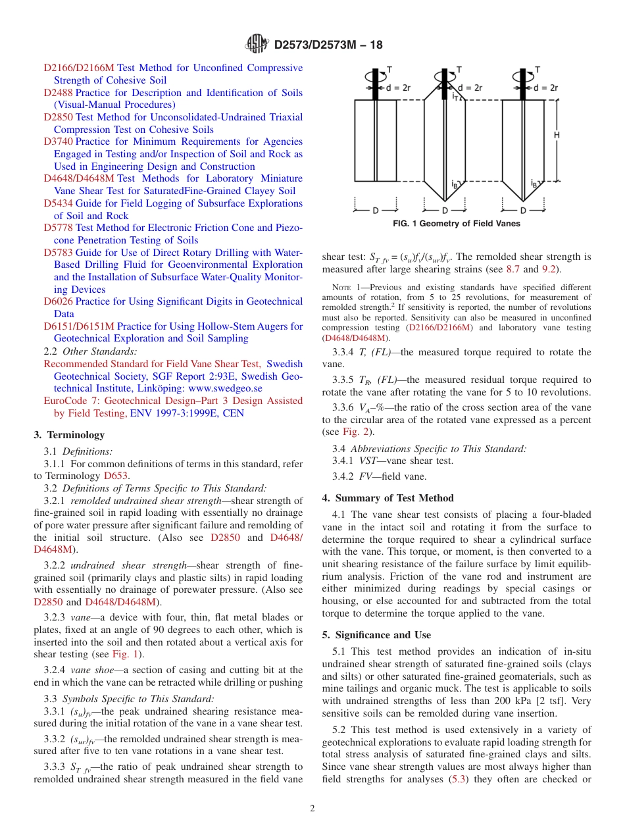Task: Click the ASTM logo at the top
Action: [x=257, y=44]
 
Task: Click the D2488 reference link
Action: [x=58, y=93]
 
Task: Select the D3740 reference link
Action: [x=58, y=141]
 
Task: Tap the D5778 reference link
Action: [x=58, y=228]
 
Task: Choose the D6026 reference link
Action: [x=58, y=301]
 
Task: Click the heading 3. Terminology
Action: [x=69, y=435]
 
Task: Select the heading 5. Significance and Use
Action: [x=376, y=635]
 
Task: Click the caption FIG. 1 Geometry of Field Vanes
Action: [x=456, y=224]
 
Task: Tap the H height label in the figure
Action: [x=557, y=135]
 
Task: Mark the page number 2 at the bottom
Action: [x=312, y=809]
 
